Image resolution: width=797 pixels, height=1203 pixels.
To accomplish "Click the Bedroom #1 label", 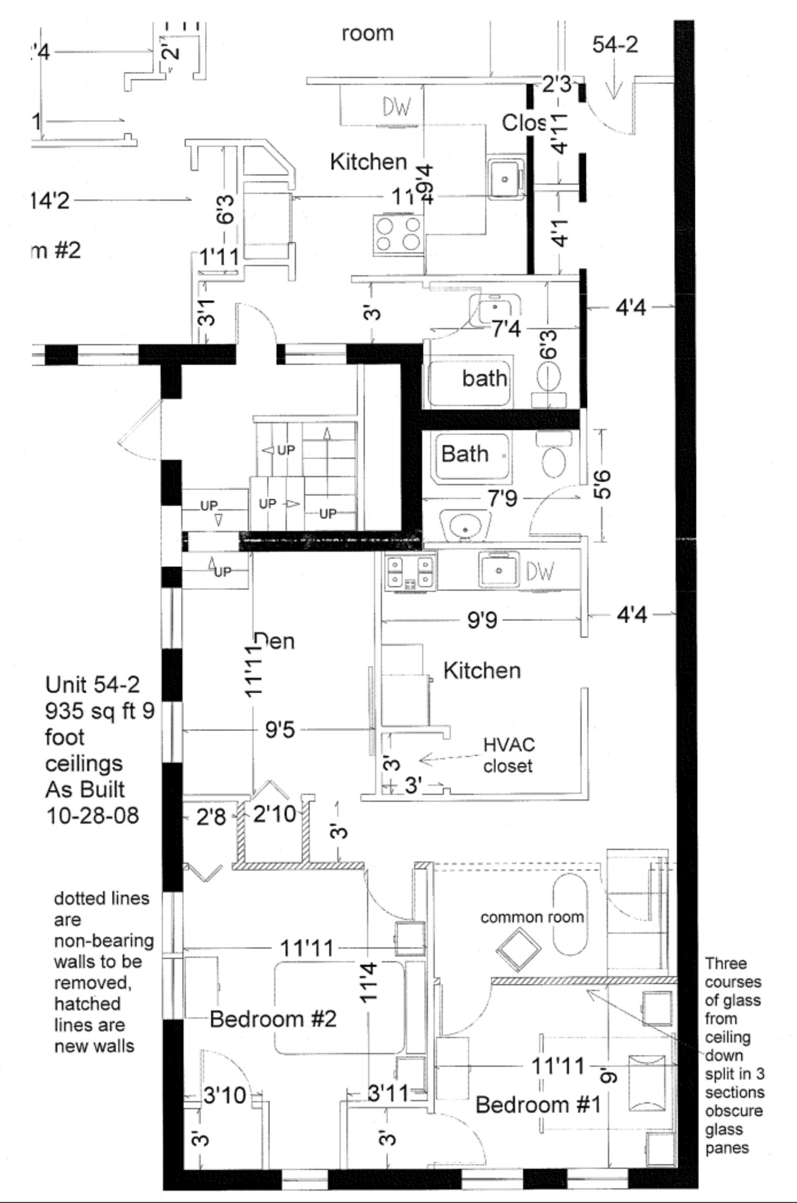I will (538, 1104).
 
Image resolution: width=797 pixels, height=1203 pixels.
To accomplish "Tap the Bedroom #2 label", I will (273, 1019).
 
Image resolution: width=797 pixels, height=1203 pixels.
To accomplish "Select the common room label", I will (532, 917).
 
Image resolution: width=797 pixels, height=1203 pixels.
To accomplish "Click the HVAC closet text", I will (508, 755).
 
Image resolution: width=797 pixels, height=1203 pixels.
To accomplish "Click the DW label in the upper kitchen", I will (397, 107).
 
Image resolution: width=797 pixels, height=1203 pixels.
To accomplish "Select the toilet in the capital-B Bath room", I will (553, 461).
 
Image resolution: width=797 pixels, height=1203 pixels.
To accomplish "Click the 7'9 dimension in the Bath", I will (502, 499).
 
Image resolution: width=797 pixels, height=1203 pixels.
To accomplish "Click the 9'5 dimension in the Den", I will (280, 730).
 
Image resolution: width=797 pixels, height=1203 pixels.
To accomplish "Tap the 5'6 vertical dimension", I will (603, 485).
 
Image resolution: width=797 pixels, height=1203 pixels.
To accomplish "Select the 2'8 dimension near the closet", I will (211, 816).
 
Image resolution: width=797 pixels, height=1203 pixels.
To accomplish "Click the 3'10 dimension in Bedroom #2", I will (224, 1095).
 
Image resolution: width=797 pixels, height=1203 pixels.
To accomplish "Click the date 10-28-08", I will (93, 815).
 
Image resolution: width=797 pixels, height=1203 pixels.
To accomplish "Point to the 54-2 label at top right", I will (614, 45).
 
